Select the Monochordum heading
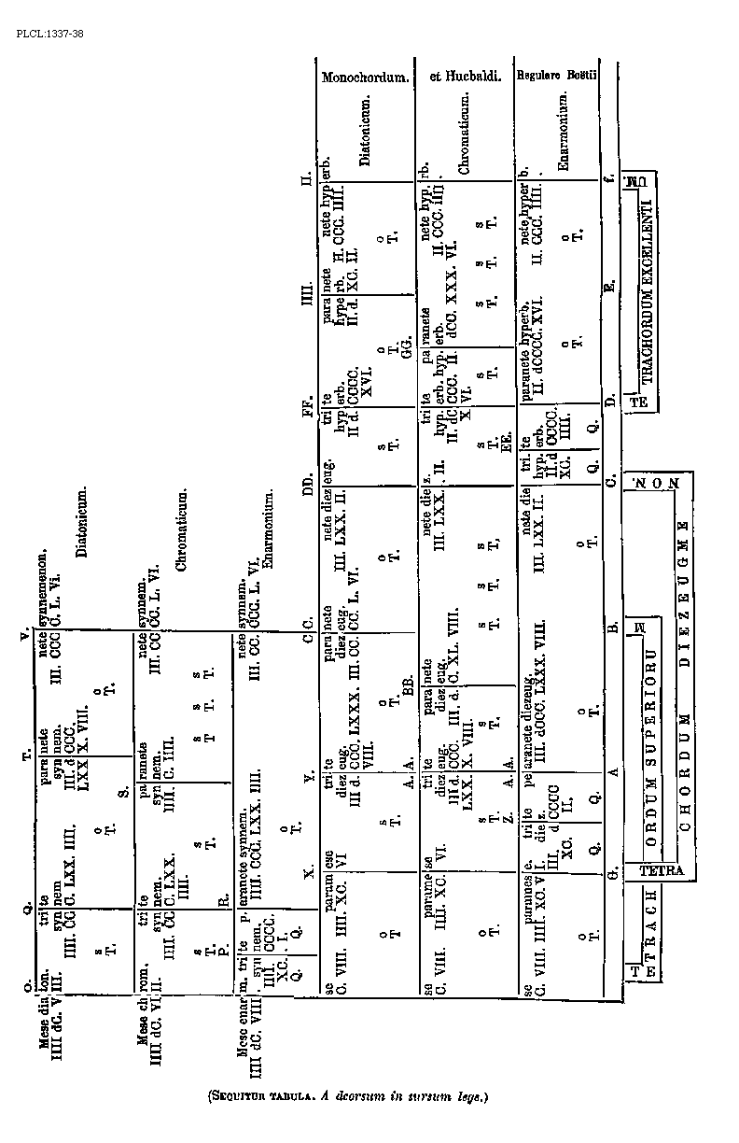coord(366,78)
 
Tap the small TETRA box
coord(662,871)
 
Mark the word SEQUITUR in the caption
coord(241,1097)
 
